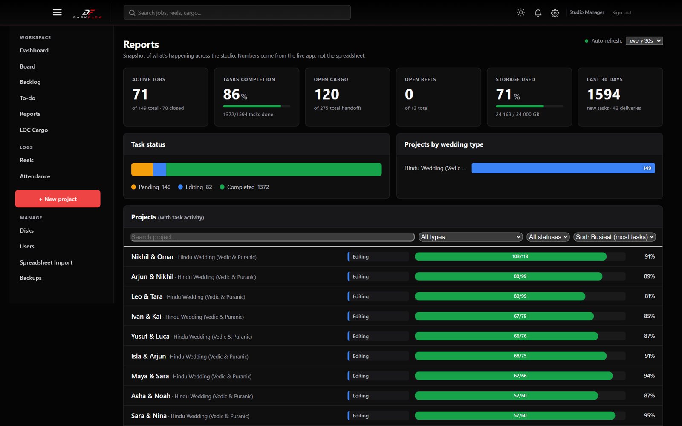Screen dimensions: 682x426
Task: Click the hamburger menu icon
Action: click(57, 12)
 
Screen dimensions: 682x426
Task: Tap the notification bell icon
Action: click(538, 13)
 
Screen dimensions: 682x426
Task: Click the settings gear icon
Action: click(555, 13)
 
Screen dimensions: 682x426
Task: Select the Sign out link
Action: click(621, 12)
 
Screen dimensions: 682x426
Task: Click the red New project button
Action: click(58, 199)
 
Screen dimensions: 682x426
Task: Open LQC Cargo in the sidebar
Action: click(34, 130)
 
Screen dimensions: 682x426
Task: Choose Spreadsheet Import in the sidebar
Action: click(46, 262)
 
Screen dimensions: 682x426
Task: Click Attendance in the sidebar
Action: click(35, 176)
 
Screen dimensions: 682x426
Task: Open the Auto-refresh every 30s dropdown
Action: click(644, 41)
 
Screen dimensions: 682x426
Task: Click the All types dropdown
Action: click(471, 237)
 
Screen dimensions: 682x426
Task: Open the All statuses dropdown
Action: click(548, 237)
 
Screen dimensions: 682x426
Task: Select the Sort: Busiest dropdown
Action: click(615, 237)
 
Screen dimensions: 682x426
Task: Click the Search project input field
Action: click(272, 237)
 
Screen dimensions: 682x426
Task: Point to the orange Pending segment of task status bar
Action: click(142, 170)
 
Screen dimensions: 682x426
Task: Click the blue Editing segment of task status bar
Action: click(159, 170)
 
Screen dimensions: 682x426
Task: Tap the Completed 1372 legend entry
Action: click(245, 187)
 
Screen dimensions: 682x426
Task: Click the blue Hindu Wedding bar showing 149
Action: click(563, 168)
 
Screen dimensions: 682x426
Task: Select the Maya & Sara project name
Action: click(150, 376)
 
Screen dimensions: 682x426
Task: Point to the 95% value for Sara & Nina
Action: click(650, 415)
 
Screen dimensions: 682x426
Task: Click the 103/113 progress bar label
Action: click(520, 256)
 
